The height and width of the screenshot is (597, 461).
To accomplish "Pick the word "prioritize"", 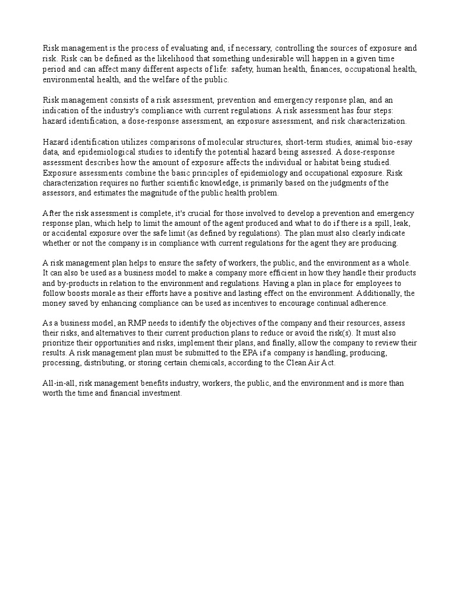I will (60, 343).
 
